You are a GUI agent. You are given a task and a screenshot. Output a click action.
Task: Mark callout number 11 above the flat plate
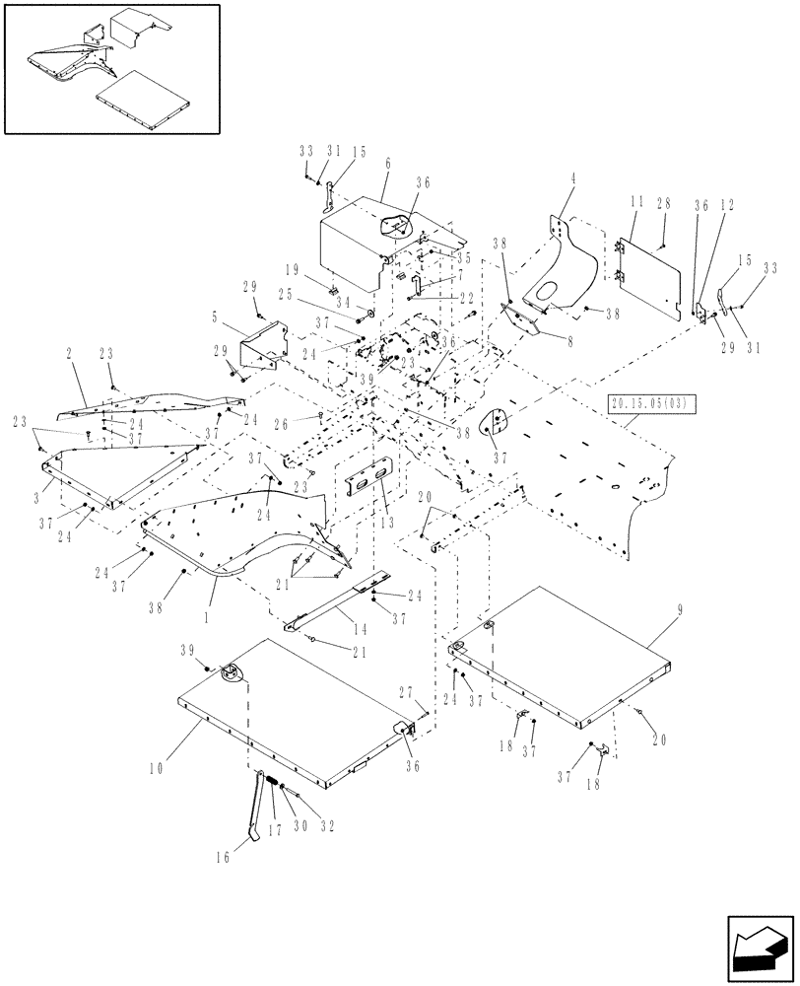(637, 203)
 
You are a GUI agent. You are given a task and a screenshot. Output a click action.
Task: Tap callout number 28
(665, 203)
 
